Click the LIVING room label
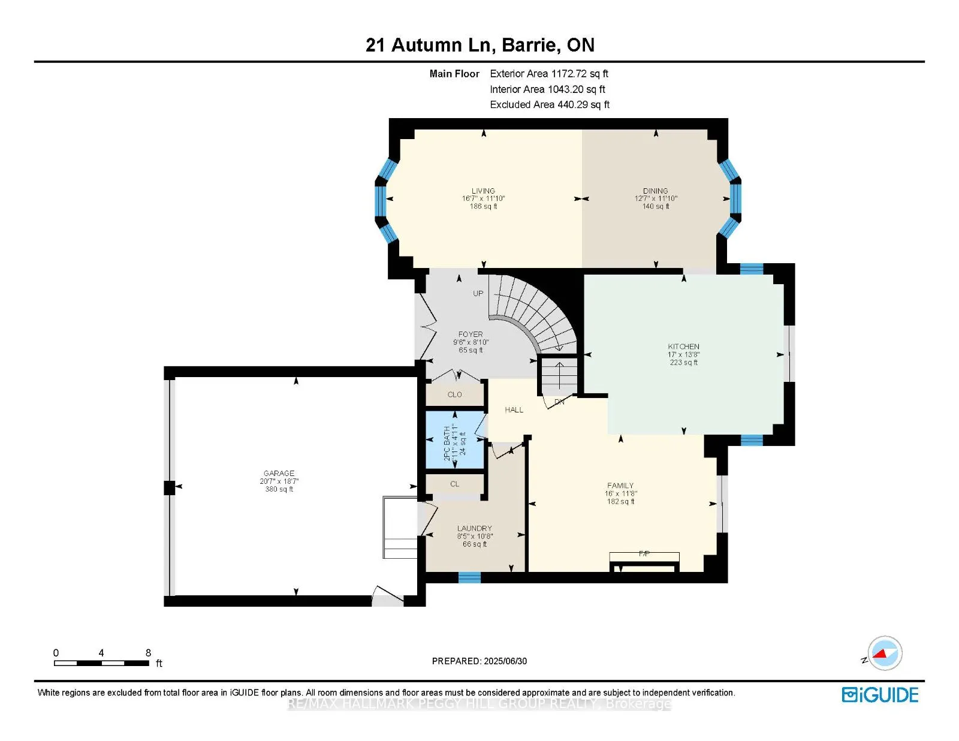(x=483, y=191)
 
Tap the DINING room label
(x=655, y=191)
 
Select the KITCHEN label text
(x=683, y=347)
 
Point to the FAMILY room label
(x=620, y=486)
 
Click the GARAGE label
(x=279, y=474)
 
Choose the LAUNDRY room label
(x=474, y=529)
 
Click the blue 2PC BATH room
(x=454, y=440)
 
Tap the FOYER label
(x=471, y=335)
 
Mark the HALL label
(x=514, y=410)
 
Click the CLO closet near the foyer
(x=454, y=394)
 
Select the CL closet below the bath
(x=454, y=484)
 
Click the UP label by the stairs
(x=478, y=294)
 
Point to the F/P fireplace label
(x=644, y=553)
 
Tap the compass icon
(x=885, y=653)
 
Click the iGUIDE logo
(x=880, y=695)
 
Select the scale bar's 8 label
(x=148, y=653)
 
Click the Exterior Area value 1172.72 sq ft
(x=579, y=74)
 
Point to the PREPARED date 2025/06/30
(x=505, y=661)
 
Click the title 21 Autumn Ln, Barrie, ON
(x=479, y=45)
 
